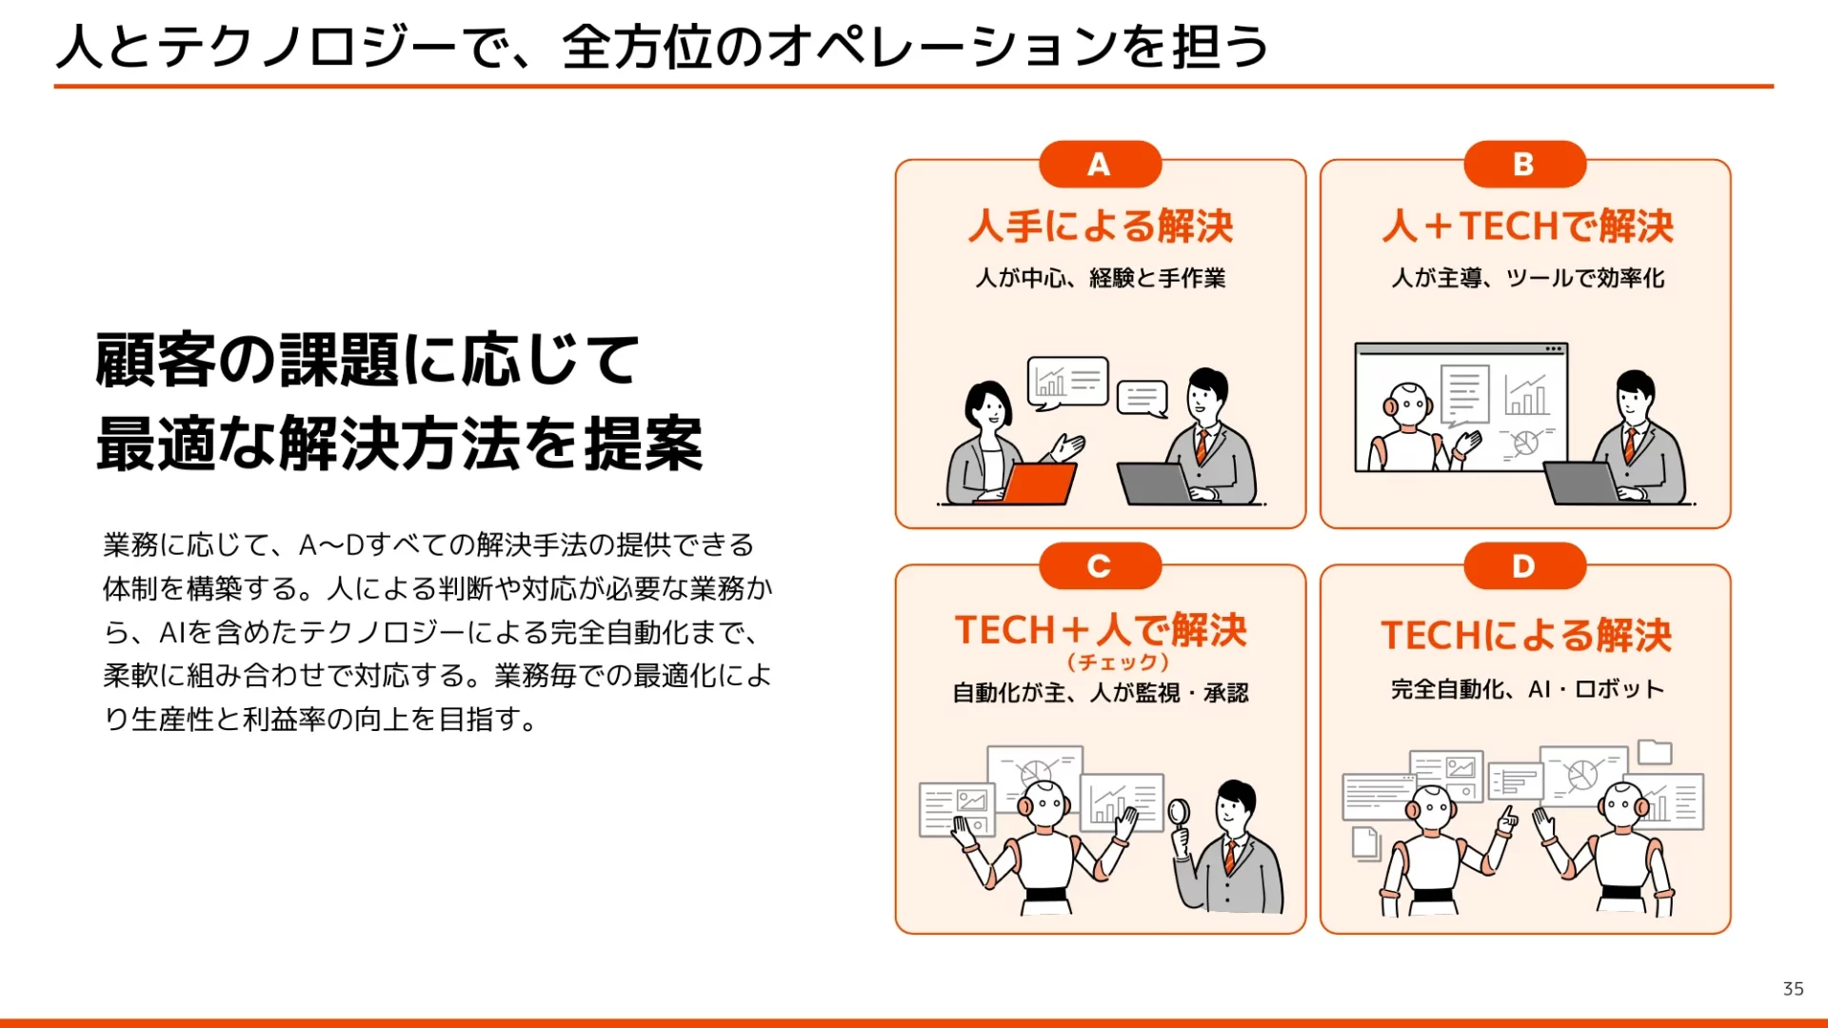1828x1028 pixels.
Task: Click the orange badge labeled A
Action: [1100, 165]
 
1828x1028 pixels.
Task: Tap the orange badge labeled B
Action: [1524, 165]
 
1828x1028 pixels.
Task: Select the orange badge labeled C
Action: [1100, 566]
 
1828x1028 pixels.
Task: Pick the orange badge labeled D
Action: [1524, 566]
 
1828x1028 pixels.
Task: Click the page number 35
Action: [1793, 989]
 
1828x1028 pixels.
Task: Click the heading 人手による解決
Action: [1101, 227]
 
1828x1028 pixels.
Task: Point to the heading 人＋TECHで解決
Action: [1527, 227]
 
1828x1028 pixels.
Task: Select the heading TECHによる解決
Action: [1526, 636]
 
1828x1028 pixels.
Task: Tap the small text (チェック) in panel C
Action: [1118, 662]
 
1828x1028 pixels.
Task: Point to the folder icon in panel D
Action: [1655, 752]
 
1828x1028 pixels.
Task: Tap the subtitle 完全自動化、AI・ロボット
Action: [1527, 689]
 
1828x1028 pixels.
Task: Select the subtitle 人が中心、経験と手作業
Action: [1101, 278]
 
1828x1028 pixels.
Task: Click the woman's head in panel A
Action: [988, 406]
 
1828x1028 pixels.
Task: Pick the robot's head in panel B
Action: [1408, 405]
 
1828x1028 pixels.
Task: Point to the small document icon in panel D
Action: [1366, 843]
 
